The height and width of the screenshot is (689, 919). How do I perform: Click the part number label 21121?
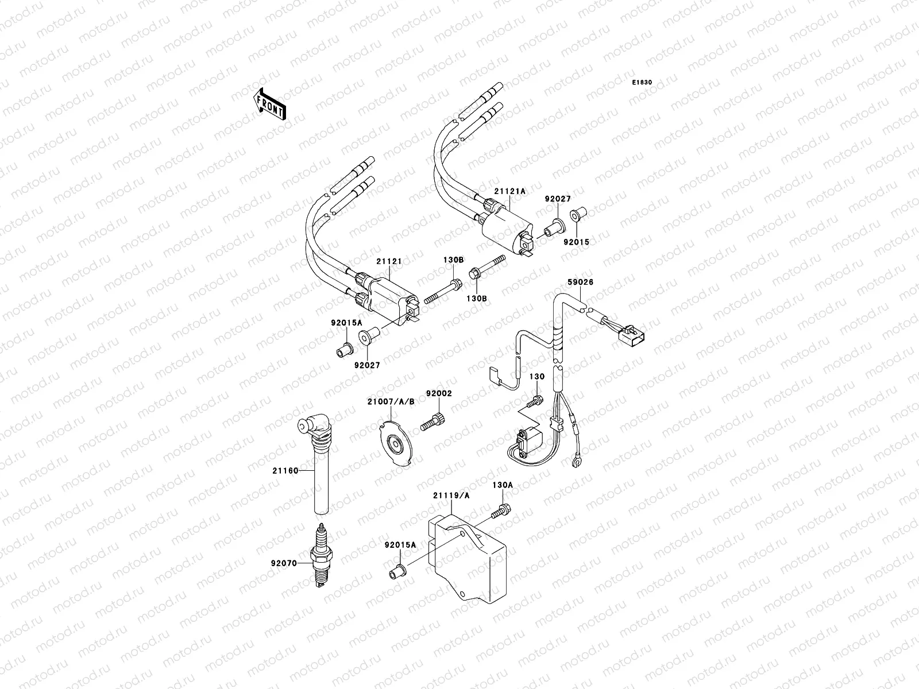[x=389, y=261]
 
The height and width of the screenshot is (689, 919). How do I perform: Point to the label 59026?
[x=581, y=282]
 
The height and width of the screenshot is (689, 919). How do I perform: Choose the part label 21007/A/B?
[x=391, y=401]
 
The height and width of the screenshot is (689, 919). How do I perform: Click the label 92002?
[x=439, y=393]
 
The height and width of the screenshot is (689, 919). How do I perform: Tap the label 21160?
[x=285, y=471]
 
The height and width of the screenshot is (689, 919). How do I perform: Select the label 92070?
[x=284, y=563]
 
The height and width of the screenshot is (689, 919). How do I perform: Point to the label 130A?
[x=502, y=485]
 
